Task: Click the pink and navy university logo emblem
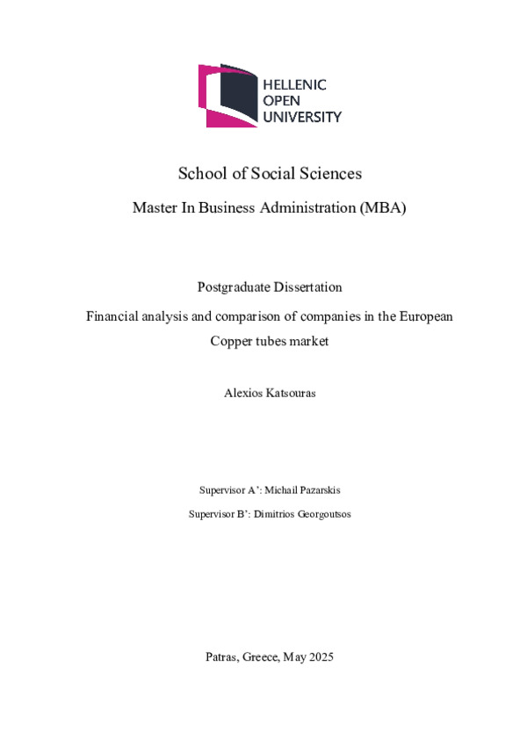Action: pyautogui.click(x=227, y=94)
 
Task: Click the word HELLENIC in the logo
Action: pyautogui.click(x=295, y=85)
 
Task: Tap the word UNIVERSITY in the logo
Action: pyautogui.click(x=303, y=116)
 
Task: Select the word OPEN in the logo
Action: pyautogui.click(x=283, y=101)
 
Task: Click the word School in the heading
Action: pyautogui.click(x=201, y=173)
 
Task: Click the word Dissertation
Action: pyautogui.click(x=307, y=287)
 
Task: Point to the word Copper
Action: pyautogui.click(x=231, y=341)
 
